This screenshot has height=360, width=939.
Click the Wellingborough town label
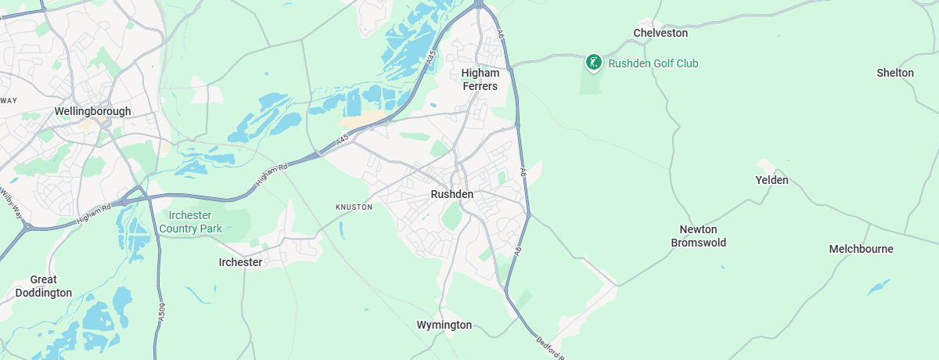click(x=92, y=112)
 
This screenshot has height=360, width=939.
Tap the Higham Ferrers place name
click(x=479, y=79)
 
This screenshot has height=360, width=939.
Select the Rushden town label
click(x=452, y=194)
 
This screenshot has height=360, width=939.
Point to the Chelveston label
click(x=660, y=33)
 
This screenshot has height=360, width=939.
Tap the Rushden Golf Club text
click(x=653, y=63)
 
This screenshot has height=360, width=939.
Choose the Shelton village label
click(x=895, y=73)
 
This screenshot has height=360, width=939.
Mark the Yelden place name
click(x=772, y=180)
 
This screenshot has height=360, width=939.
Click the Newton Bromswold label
click(x=698, y=236)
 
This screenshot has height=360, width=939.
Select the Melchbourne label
click(x=861, y=249)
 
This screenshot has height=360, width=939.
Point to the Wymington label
click(x=444, y=325)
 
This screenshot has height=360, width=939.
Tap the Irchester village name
click(x=240, y=262)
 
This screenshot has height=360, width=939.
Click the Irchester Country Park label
click(x=190, y=222)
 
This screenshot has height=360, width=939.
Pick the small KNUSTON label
click(x=354, y=207)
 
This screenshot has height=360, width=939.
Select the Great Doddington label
click(x=43, y=286)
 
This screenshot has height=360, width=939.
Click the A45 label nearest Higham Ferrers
click(x=431, y=59)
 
